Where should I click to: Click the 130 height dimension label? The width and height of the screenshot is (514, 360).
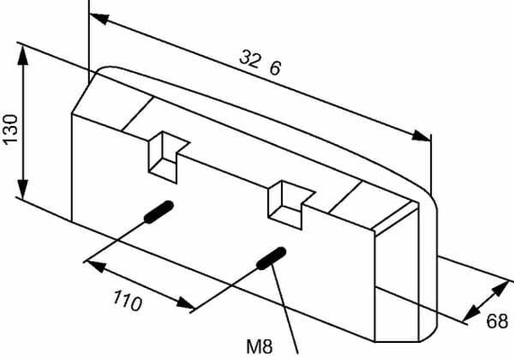pyautogui.click(x=10, y=129)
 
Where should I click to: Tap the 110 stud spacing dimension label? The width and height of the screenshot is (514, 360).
pyautogui.click(x=128, y=301)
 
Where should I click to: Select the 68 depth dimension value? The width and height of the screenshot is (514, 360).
pyautogui.click(x=497, y=321)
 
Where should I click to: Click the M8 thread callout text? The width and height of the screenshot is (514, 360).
pyautogui.click(x=259, y=346)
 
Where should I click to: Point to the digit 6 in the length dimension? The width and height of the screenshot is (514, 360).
pyautogui.click(x=275, y=68)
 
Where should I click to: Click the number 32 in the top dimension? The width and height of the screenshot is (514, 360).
pyautogui.click(x=251, y=58)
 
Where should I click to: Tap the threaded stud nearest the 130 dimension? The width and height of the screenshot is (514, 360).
pyautogui.click(x=158, y=211)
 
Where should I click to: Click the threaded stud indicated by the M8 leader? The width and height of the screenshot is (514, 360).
pyautogui.click(x=271, y=258)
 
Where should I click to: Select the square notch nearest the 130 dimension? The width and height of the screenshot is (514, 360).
pyautogui.click(x=169, y=157)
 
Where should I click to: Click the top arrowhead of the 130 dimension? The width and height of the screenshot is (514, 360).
pyautogui.click(x=23, y=56)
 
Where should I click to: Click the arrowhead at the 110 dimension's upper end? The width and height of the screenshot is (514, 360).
pyautogui.click(x=96, y=265)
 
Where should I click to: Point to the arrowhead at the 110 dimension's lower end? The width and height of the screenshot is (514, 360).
pyautogui.click(x=185, y=303)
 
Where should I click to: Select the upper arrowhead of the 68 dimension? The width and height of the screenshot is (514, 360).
pyautogui.click(x=500, y=289)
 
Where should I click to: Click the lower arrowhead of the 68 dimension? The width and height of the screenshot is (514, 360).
pyautogui.click(x=471, y=313)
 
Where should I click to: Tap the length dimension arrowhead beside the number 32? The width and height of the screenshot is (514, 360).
pyautogui.click(x=100, y=18)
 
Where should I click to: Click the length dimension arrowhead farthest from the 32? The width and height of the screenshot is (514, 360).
pyautogui.click(x=421, y=136)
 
